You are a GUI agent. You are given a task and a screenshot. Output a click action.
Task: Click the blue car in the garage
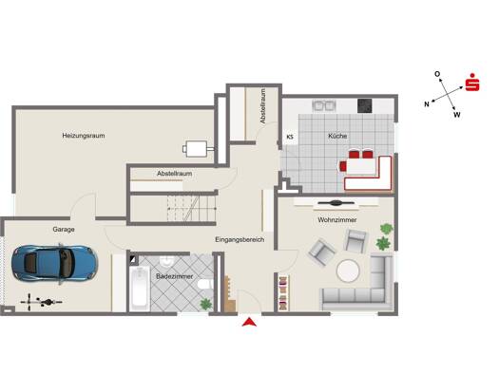point(54,264)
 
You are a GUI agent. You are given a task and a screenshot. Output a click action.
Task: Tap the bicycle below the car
point(42,302)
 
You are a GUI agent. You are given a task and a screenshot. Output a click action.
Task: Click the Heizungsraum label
point(84,136)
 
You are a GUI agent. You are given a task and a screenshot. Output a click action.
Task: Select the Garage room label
point(64,230)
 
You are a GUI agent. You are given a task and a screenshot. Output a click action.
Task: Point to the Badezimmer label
point(174,276)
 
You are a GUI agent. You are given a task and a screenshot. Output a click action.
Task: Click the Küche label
point(337,136)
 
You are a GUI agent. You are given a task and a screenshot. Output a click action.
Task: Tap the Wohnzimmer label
point(337,220)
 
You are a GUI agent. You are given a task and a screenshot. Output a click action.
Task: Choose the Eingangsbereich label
point(240,239)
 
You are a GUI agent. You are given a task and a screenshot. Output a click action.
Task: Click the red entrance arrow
point(249,322)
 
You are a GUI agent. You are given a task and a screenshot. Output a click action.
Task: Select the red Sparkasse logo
point(472,83)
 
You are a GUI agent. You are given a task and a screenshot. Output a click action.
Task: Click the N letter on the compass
point(427,103)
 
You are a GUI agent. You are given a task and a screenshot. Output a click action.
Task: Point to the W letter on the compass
point(457,115)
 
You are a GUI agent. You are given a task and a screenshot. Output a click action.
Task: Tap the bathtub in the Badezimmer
point(140,289)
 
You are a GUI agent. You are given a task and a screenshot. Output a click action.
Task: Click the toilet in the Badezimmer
point(203,284)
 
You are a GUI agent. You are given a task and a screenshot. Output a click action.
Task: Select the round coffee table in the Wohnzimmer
point(348,271)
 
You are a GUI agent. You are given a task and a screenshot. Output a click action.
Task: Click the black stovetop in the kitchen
point(364,106)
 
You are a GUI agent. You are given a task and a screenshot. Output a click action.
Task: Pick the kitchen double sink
point(324,105)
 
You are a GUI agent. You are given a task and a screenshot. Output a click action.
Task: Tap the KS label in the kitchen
point(290,138)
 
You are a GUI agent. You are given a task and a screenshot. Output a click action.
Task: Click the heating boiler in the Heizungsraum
point(198,149)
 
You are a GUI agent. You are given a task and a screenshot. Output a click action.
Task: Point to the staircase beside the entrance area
point(191,209)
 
